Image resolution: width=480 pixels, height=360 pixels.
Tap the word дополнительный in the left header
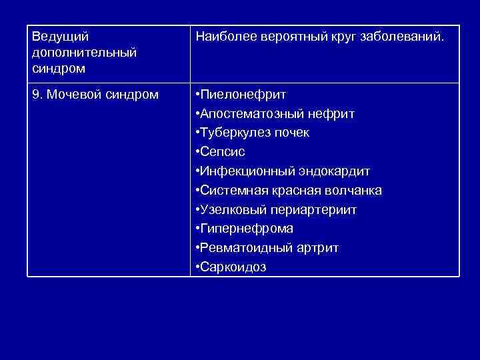coord(85,52)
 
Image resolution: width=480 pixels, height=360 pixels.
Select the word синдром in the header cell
coord(59,67)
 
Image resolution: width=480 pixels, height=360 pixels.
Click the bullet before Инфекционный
coord(197,171)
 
